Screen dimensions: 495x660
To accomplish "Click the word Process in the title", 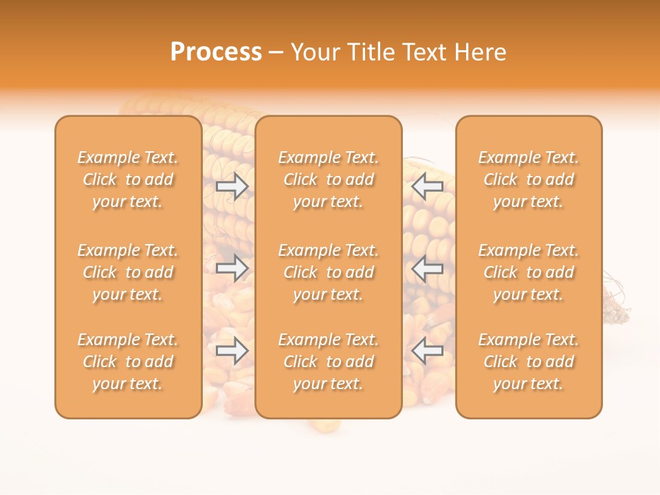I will click(216, 52).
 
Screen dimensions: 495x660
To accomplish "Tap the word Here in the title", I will click(480, 52).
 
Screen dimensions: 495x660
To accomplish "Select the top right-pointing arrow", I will click(232, 186).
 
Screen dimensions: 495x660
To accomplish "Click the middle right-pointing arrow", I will click(232, 268).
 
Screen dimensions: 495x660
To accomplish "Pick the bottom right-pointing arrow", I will click(232, 351).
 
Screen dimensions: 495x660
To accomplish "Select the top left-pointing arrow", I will click(428, 186).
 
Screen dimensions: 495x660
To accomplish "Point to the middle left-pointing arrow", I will click(428, 268).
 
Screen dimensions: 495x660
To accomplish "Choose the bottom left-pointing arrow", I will click(428, 351).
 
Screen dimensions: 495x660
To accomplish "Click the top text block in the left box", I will click(128, 179).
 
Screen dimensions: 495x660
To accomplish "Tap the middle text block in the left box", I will click(128, 272).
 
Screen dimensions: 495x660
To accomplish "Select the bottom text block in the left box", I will click(128, 362).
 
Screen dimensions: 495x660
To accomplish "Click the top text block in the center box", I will click(329, 179).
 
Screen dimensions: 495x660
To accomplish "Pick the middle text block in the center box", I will click(329, 272).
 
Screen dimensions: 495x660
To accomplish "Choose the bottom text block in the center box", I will click(329, 362).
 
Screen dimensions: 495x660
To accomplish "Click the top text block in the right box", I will click(529, 179).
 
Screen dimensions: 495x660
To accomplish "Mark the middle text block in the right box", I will click(529, 272).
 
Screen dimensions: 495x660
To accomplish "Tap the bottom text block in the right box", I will click(529, 362).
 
